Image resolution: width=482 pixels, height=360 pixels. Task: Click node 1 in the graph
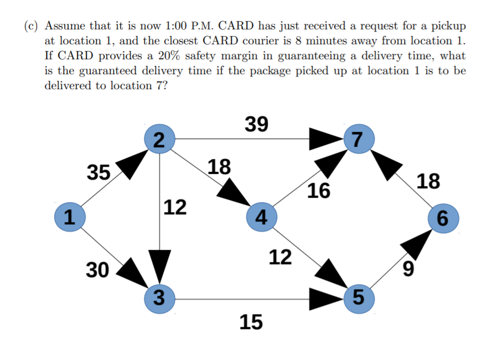tap(69, 216)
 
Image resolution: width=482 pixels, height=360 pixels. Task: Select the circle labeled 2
tap(159, 138)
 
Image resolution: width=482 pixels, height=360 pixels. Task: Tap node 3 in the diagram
tap(158, 299)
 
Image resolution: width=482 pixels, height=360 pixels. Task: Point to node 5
tap(358, 299)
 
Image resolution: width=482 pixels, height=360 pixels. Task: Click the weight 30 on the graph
tap(98, 270)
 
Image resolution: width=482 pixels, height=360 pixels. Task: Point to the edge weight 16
tap(319, 191)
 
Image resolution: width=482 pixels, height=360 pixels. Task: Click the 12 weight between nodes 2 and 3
tap(175, 207)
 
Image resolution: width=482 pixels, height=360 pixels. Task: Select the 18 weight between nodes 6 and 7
tap(429, 181)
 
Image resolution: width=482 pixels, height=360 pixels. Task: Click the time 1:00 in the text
tap(177, 26)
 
